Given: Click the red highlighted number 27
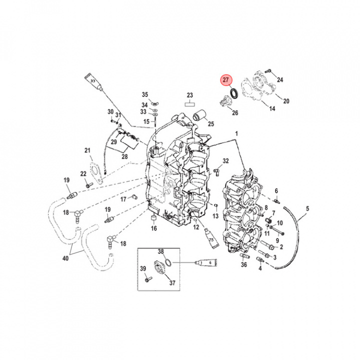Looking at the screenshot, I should tap(226, 80).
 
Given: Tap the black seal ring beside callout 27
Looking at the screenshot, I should tap(233, 94).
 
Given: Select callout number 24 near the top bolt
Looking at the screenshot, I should tap(280, 80).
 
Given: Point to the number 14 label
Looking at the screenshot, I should tap(272, 108).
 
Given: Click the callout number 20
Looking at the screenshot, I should tap(286, 101).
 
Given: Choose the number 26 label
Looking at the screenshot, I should tap(235, 113).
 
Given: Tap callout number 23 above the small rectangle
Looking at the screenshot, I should tap(189, 95).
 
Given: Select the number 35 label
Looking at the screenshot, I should tap(145, 94).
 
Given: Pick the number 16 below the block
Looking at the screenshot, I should tap(154, 228).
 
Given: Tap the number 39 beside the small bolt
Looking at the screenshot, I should tap(143, 269).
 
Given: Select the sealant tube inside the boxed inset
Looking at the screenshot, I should tap(203, 261).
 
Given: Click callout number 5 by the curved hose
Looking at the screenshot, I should tap(307, 208).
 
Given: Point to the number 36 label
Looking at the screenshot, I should tap(243, 265).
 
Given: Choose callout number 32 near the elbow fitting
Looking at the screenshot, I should tap(225, 161).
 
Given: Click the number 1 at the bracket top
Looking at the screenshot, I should tap(237, 134).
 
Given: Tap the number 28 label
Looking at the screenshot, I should tap(124, 157).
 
